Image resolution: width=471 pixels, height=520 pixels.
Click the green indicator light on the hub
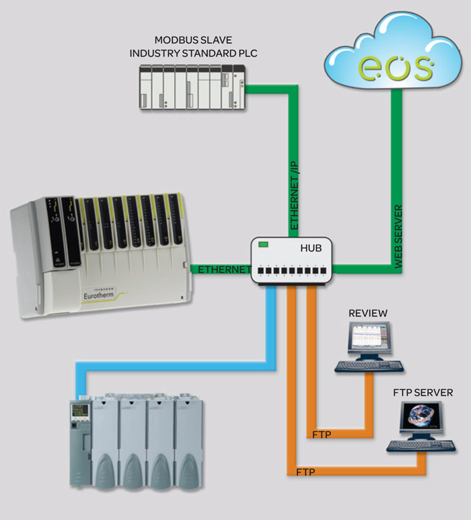pyautogui.click(x=264, y=245)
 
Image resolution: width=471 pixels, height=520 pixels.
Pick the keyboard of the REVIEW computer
pyautogui.click(x=369, y=367)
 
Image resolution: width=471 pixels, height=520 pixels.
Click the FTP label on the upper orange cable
pyautogui.click(x=322, y=434)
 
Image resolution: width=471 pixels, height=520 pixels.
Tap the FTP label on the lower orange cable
pyautogui.click(x=305, y=473)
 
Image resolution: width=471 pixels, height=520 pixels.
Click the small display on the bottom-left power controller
pyautogui.click(x=79, y=410)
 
